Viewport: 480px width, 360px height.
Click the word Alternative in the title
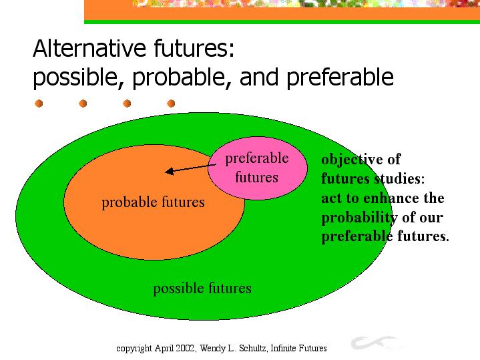click(x=89, y=48)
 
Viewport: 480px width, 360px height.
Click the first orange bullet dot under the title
click(x=39, y=104)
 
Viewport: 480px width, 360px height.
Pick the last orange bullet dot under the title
click(x=171, y=104)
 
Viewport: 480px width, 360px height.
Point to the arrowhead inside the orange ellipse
click(x=170, y=171)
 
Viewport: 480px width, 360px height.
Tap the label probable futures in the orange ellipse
click(x=153, y=202)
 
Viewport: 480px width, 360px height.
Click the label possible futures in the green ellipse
click(x=202, y=289)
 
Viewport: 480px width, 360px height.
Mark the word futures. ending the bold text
click(x=423, y=236)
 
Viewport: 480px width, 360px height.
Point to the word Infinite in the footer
click(x=283, y=349)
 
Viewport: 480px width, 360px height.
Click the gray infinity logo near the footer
click(x=376, y=343)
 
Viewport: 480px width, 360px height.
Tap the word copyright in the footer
click(x=134, y=349)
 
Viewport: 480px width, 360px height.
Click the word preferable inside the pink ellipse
click(x=257, y=159)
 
